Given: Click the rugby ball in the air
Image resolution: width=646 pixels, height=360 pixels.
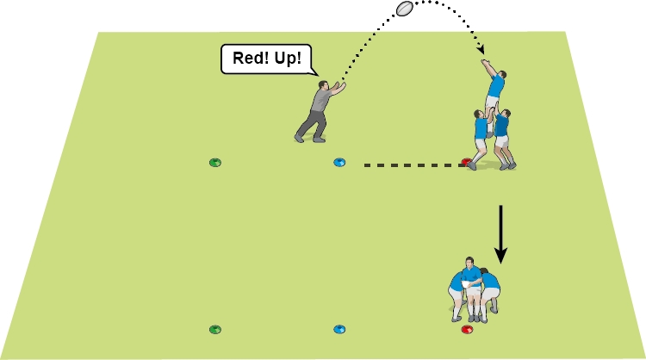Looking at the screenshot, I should (406, 9).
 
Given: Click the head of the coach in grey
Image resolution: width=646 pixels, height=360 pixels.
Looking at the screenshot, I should (326, 85).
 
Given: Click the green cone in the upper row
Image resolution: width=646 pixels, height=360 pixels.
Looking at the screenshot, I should (215, 162).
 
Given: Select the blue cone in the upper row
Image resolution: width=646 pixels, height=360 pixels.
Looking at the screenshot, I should (339, 162).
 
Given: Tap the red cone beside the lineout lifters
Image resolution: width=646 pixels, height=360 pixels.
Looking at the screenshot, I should (466, 162).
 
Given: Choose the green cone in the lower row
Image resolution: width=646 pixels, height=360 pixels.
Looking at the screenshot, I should (215, 329).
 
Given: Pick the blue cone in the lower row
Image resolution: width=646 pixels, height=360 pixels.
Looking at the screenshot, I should (339, 329).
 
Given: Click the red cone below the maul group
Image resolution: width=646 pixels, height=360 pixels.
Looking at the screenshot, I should (467, 329).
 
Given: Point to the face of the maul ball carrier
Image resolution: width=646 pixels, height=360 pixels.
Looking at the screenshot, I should (469, 262).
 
